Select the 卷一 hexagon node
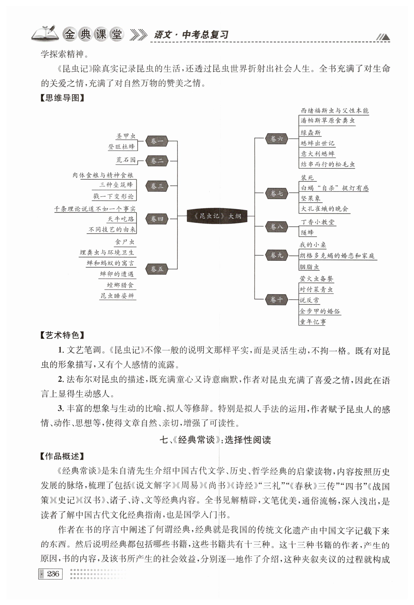(x=157, y=141)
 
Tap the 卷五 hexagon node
(x=157, y=269)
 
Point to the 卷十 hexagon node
(x=276, y=300)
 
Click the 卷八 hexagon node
(x=276, y=226)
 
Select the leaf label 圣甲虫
(x=126, y=136)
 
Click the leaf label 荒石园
(x=126, y=160)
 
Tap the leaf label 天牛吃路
(x=121, y=219)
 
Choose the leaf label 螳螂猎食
(x=120, y=285)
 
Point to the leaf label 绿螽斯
(x=310, y=132)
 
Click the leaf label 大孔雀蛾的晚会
(x=324, y=209)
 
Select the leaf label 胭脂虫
(x=309, y=267)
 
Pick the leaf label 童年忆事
(x=313, y=322)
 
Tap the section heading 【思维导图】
(x=62, y=98)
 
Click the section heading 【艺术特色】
(x=62, y=335)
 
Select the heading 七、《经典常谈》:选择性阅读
(x=215, y=440)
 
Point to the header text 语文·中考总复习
(x=191, y=35)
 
